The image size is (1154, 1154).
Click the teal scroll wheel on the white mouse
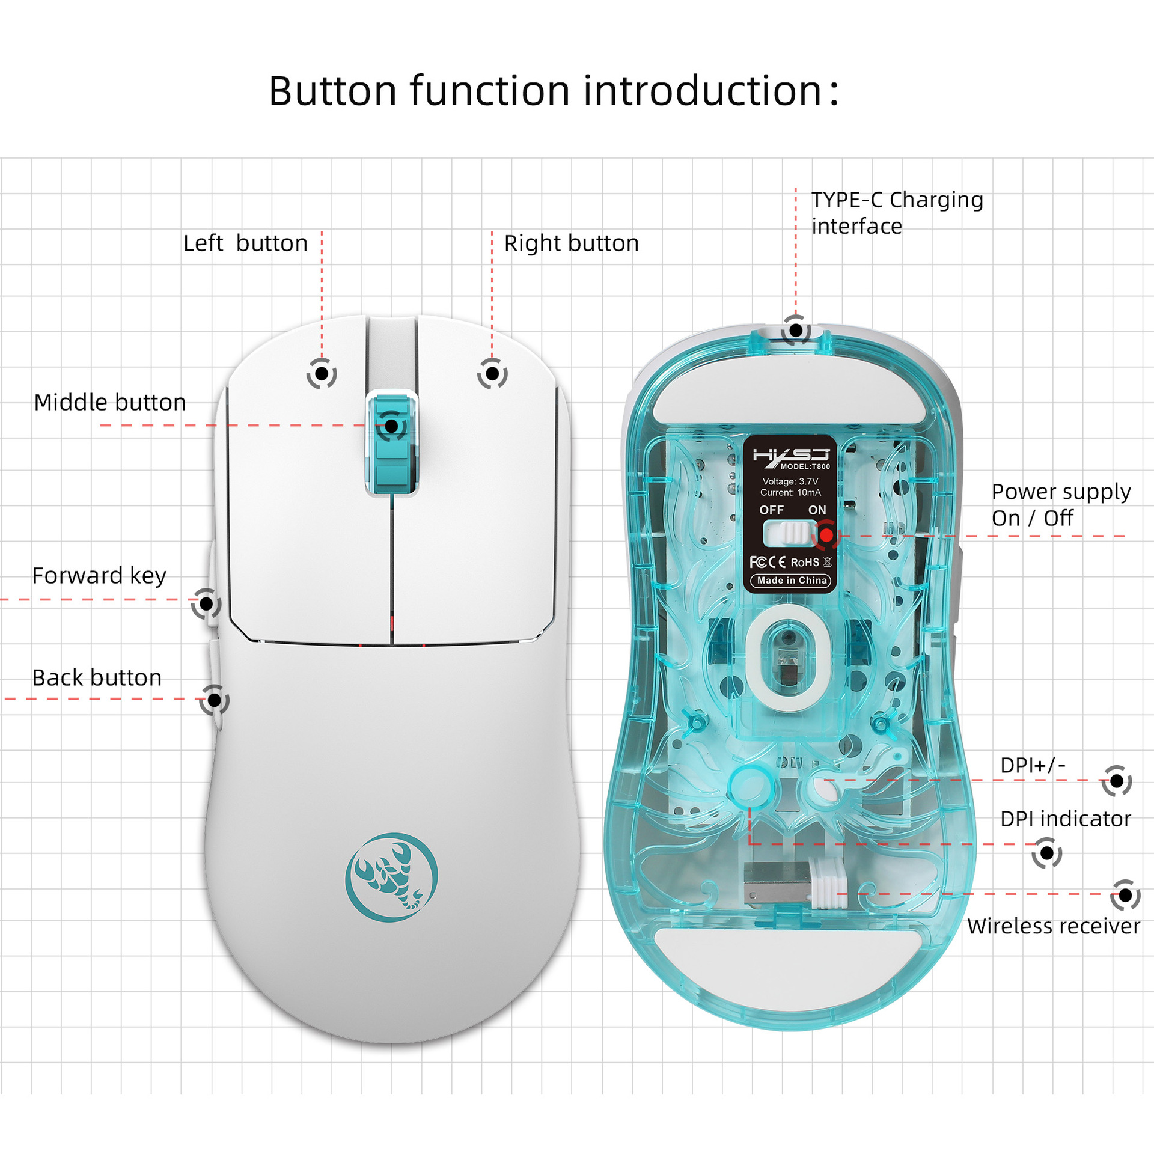coord(392,444)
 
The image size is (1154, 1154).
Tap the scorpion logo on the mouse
coord(391,877)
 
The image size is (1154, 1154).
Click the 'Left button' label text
coord(245,243)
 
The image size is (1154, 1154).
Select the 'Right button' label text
coord(571,243)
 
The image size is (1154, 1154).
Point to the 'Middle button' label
coord(110,402)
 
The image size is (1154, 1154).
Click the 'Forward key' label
coord(99,576)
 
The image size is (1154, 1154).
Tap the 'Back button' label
coord(97,678)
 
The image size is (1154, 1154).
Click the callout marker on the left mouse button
coord(322,374)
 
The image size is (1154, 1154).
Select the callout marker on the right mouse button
coord(492,374)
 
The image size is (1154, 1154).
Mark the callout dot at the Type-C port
coord(796,330)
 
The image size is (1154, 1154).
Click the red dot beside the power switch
coord(827,534)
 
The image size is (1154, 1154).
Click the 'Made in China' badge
coord(792,581)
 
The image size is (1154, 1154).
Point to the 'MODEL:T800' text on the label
coord(805,466)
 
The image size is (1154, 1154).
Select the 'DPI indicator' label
coord(1065,819)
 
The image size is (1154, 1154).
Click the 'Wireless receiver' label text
coord(1053,926)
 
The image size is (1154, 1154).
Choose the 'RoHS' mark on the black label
coord(804,563)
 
